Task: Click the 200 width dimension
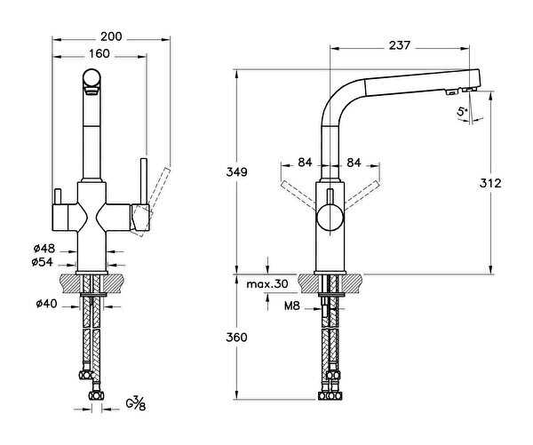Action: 111,36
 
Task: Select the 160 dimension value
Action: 99,53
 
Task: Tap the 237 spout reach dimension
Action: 400,45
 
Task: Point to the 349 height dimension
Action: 236,172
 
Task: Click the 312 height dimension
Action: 490,183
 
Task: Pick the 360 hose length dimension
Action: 236,338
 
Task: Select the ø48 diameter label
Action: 44,248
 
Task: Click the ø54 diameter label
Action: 42,262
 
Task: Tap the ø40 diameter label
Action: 46,303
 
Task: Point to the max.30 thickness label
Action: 267,283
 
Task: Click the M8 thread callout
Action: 292,306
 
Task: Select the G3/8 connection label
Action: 136,403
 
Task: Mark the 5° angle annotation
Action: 462,111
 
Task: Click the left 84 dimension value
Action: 305,163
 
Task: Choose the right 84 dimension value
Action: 354,163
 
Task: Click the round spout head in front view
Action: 91,77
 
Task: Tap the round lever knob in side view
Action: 330,218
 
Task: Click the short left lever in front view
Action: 58,197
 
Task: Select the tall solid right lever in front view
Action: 143,181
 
